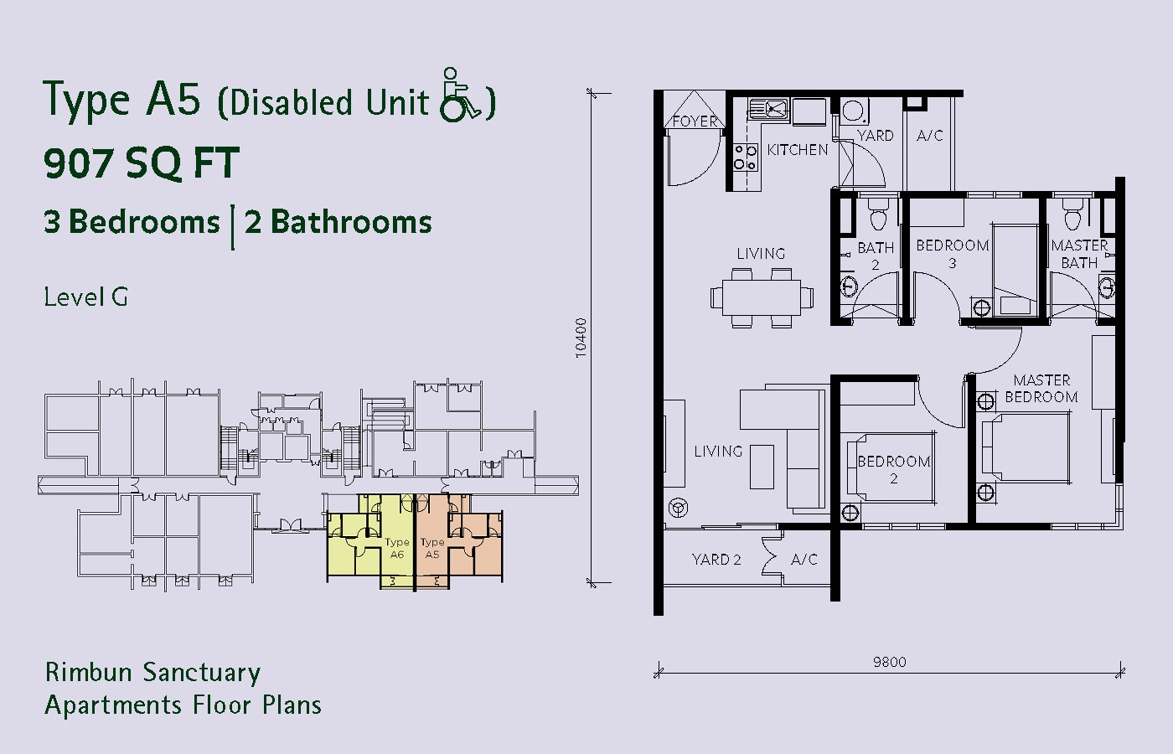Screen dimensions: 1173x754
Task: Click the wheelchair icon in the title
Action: pos(460,95)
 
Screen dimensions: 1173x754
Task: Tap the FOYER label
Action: pos(695,121)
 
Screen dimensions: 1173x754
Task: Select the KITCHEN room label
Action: pos(797,150)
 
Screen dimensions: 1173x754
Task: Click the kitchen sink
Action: pos(769,110)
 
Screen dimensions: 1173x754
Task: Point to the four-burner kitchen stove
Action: pos(745,158)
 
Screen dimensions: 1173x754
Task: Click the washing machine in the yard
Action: pos(854,111)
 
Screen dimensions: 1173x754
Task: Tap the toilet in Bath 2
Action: pos(878,214)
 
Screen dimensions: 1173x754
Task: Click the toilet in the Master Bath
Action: pos(1072,214)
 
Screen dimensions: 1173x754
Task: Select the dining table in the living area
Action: pos(762,297)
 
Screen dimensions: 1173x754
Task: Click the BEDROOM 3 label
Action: pos(952,254)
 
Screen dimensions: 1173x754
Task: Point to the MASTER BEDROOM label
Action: pos(1041,389)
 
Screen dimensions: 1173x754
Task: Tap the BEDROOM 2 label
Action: pos(893,470)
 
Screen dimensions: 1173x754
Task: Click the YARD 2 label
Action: pos(716,560)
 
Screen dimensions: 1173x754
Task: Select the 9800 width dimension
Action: pos(889,663)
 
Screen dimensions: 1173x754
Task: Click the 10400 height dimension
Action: pos(581,338)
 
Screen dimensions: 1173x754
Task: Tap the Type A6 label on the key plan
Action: pos(396,548)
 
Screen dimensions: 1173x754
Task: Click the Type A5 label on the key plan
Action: pos(432,548)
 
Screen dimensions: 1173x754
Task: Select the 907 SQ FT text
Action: pos(142,163)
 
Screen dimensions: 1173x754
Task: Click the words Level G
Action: pos(85,297)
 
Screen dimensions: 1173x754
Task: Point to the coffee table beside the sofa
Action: pos(762,467)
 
